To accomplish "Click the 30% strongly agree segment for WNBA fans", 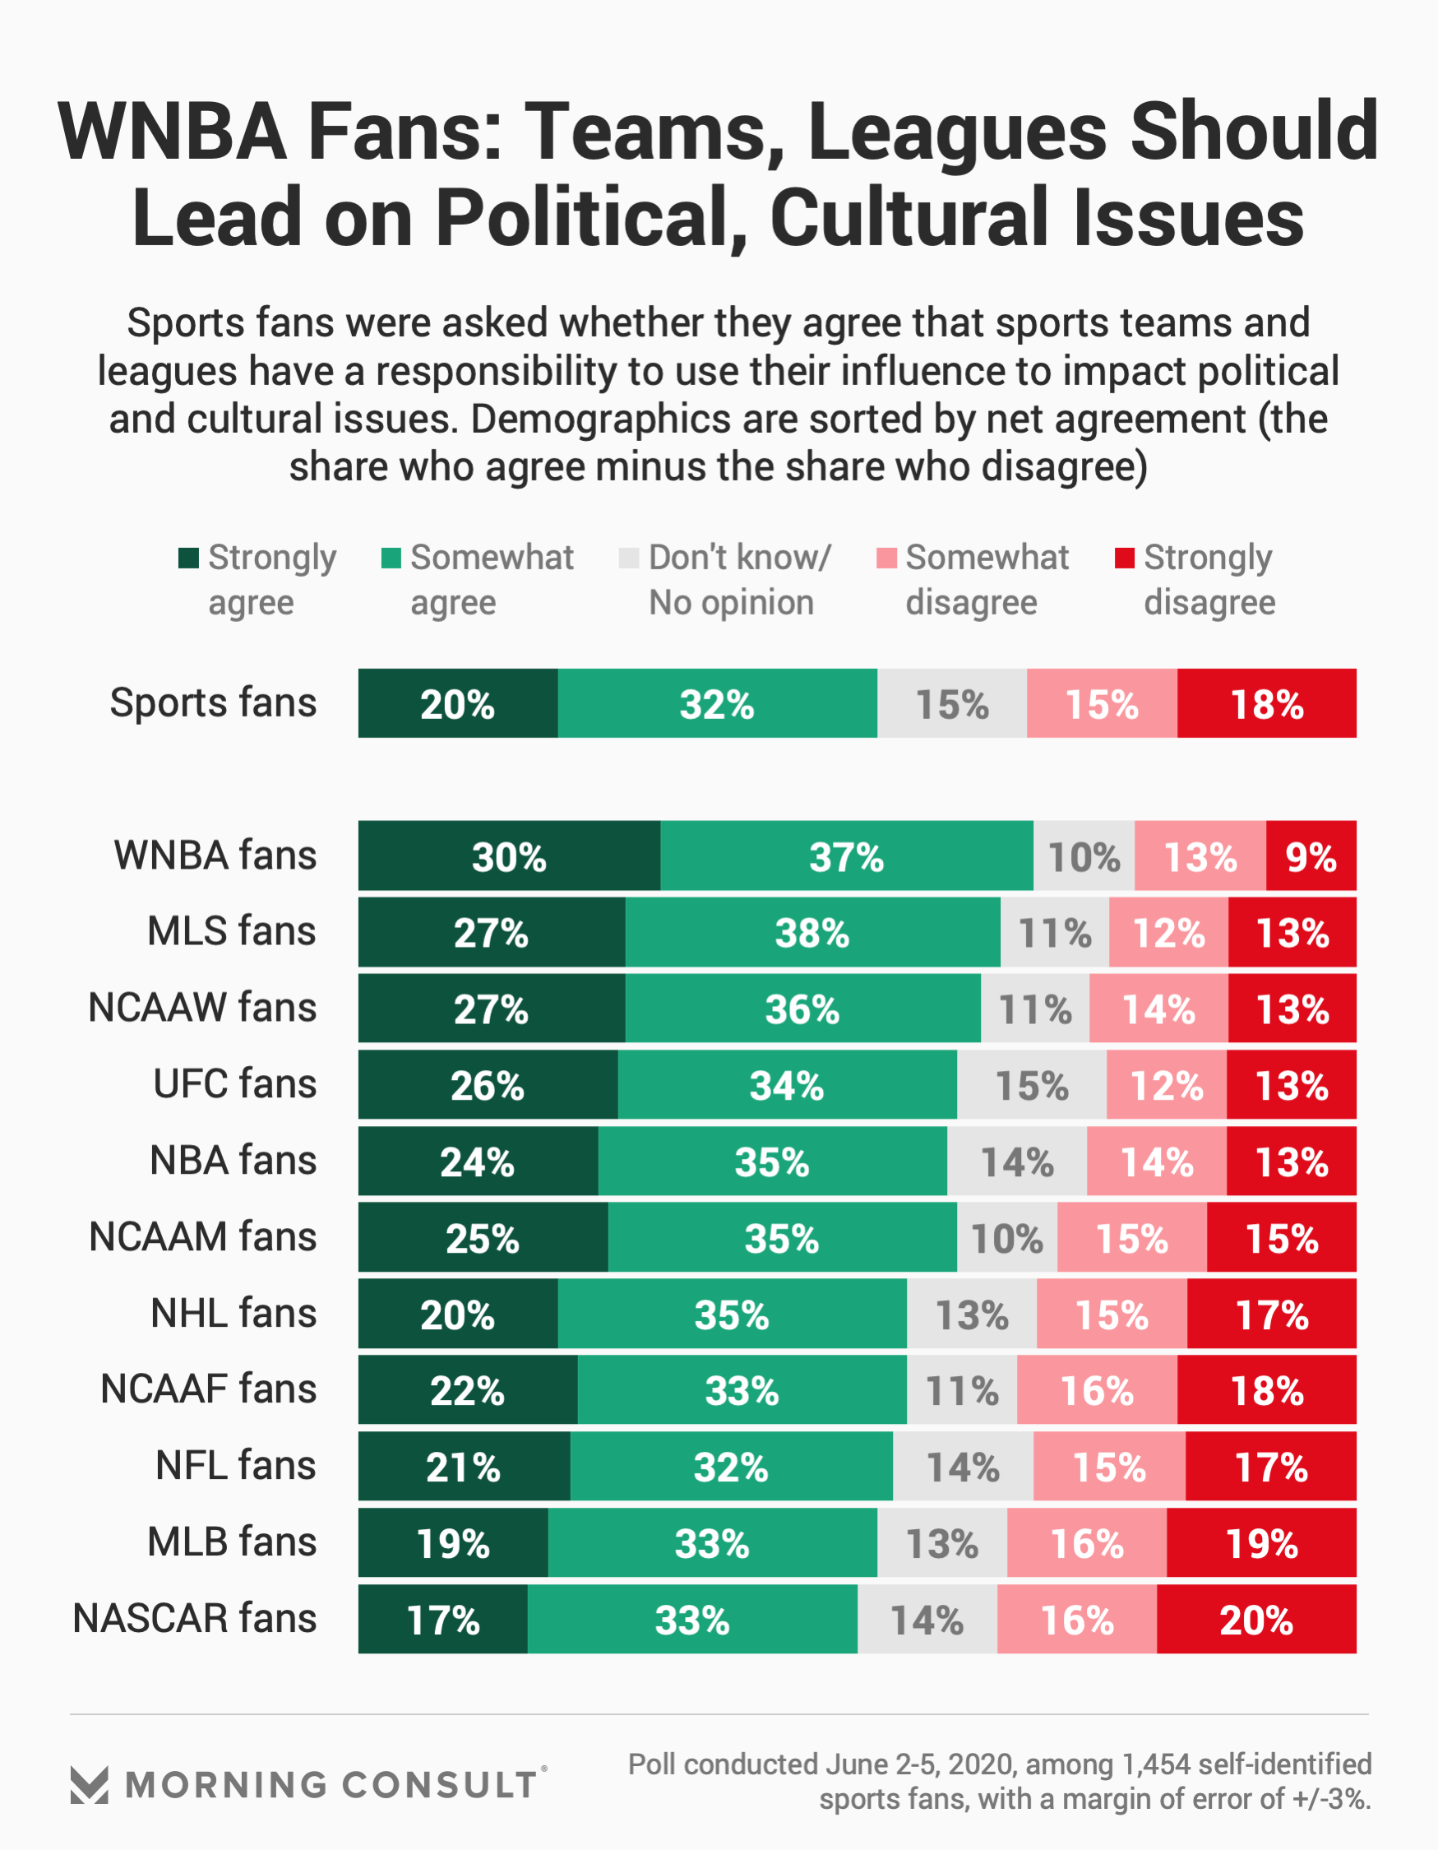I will (509, 855).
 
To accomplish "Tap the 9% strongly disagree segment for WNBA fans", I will (1311, 855).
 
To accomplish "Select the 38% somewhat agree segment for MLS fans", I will (812, 932).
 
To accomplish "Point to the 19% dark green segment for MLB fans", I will (453, 1542).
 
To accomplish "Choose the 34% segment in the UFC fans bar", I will (787, 1084).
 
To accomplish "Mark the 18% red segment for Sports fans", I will (1266, 703).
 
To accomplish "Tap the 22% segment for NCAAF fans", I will (468, 1390).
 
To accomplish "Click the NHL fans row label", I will (233, 1313).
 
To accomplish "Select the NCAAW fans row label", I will (202, 1008).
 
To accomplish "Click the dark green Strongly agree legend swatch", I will (188, 559).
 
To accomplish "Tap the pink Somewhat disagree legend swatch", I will (885, 559).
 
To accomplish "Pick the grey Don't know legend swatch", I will (628, 559).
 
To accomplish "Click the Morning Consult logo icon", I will (89, 1785).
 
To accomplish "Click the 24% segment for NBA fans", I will (478, 1161).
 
